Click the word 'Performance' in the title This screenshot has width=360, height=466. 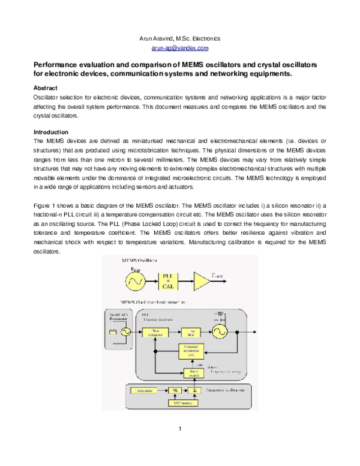click(56, 64)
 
